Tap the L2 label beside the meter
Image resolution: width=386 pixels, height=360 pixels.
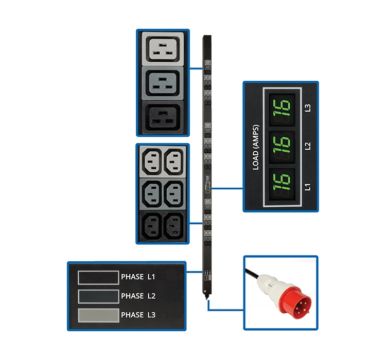(307, 146)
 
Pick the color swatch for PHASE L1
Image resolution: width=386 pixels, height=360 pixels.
(98, 278)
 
